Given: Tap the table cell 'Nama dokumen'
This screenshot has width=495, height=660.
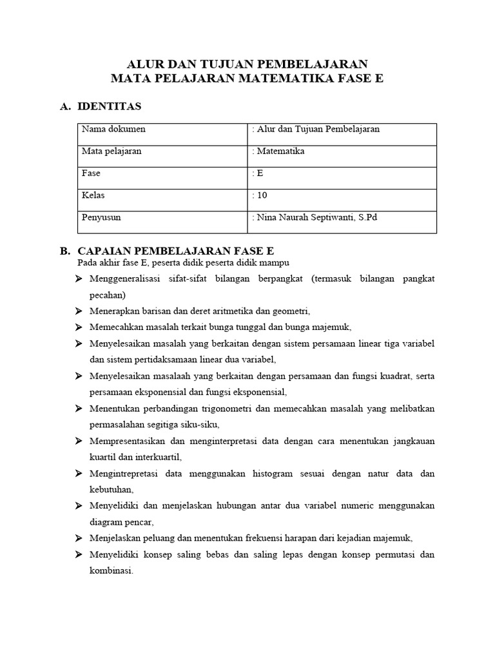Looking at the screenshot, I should (113, 129).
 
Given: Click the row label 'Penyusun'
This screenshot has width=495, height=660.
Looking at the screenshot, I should (101, 217).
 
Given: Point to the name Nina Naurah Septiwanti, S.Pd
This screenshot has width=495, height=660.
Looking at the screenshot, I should (316, 217).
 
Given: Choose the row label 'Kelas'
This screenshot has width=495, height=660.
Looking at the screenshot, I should (93, 195).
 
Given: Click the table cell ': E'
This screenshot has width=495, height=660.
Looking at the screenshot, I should (258, 173).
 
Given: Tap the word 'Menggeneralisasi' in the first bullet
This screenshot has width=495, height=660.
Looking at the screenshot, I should (124, 278).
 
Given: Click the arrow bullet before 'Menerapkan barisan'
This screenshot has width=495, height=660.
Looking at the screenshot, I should (79, 310).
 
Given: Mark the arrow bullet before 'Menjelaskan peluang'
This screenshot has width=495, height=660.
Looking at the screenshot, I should (79, 538).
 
